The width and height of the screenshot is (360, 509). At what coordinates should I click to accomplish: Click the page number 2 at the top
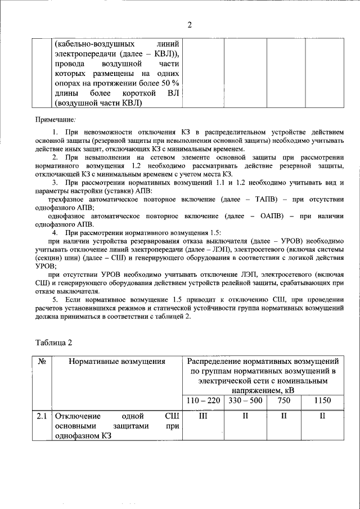click(190, 24)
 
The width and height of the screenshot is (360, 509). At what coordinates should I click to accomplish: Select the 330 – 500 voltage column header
click(244, 400)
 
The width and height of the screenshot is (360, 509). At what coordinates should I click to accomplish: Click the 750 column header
click(283, 400)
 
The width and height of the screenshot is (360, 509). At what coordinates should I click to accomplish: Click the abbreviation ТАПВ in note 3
click(266, 200)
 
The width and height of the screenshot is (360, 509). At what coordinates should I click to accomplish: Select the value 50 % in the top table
click(169, 84)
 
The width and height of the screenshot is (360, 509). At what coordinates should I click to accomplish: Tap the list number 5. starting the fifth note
click(56, 300)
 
